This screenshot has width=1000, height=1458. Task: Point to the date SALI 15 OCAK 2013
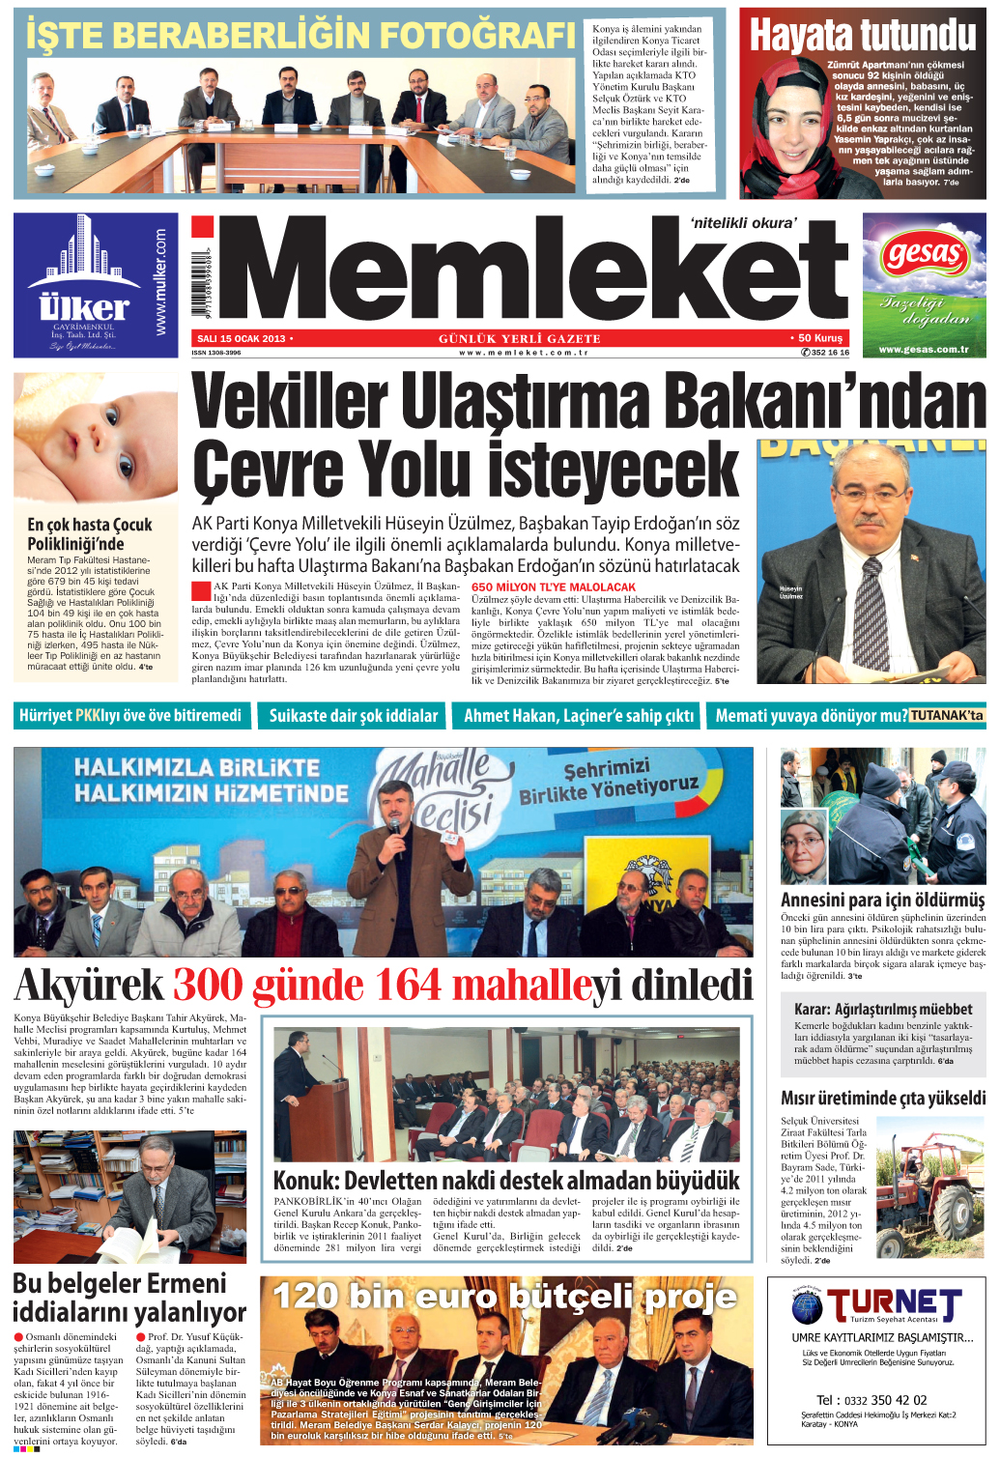click(x=241, y=339)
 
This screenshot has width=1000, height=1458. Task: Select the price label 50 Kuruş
click(x=820, y=338)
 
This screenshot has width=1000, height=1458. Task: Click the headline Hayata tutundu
click(x=863, y=35)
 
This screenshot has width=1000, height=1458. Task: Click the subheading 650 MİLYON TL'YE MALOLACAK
click(x=554, y=586)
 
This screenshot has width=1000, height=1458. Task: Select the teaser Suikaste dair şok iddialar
click(x=354, y=716)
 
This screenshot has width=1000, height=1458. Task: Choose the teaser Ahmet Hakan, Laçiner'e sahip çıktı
click(x=579, y=716)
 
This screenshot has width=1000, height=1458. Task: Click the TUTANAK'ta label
click(x=946, y=716)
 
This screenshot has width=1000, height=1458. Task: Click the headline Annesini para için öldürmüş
click(x=882, y=900)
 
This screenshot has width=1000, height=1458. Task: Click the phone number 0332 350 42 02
click(x=871, y=1400)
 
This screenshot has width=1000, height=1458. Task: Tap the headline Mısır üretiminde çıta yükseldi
click(x=882, y=1098)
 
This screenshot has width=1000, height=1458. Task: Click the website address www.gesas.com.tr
click(x=924, y=350)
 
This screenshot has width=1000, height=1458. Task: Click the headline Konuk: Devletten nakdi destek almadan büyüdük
click(x=506, y=1180)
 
